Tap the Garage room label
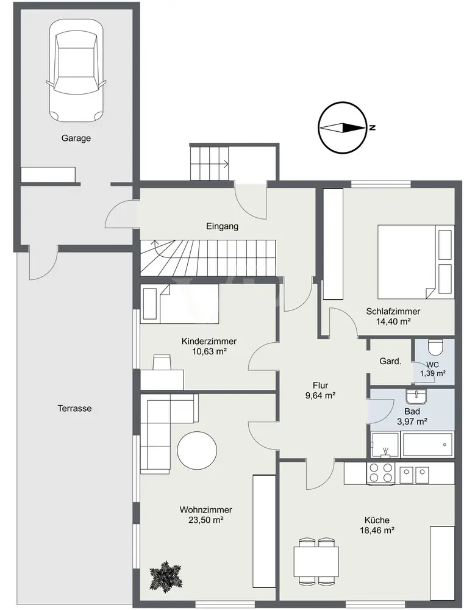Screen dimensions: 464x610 pyautogui.click(x=76, y=138)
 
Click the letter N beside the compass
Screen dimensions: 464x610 pyautogui.click(x=372, y=127)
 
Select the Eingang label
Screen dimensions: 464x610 pyautogui.click(x=222, y=226)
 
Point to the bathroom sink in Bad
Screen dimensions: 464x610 pyautogui.click(x=416, y=396)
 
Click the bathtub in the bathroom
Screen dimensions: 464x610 pyautogui.click(x=428, y=444)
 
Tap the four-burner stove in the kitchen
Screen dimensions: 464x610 pyautogui.click(x=380, y=473)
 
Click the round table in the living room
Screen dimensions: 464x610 pyautogui.click(x=197, y=451)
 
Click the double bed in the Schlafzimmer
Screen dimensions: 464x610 pyautogui.click(x=415, y=262)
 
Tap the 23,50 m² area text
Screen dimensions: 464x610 pyautogui.click(x=205, y=520)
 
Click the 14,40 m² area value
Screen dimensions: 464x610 pyautogui.click(x=393, y=321)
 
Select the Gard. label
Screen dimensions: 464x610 pyautogui.click(x=390, y=361)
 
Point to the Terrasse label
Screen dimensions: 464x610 pyautogui.click(x=74, y=409)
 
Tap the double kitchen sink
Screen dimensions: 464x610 pyautogui.click(x=414, y=473)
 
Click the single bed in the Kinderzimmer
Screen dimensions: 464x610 pyautogui.click(x=179, y=303)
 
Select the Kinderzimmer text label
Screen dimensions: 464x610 pyautogui.click(x=209, y=341)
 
